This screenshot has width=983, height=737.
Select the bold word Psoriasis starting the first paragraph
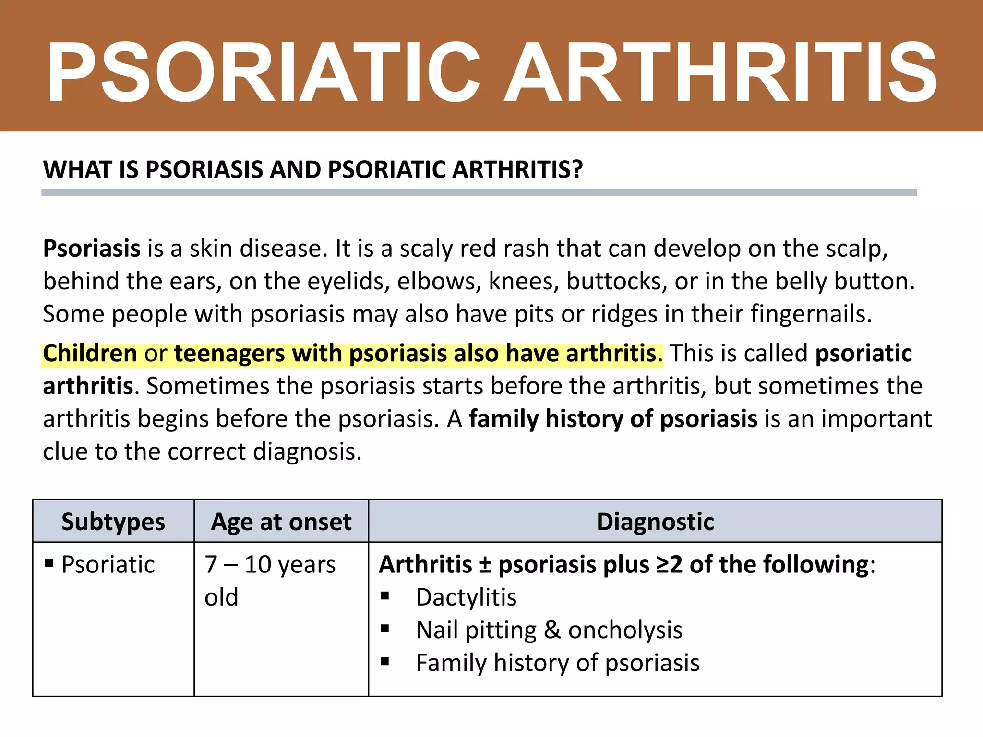pyautogui.click(x=92, y=249)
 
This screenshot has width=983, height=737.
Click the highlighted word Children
pyautogui.click(x=90, y=354)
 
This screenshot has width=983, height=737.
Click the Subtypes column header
pyautogui.click(x=113, y=522)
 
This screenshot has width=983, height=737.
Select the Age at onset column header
pyautogui.click(x=281, y=522)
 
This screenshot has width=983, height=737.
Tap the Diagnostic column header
pyautogui.click(x=655, y=522)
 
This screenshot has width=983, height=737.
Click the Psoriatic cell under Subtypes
pyautogui.click(x=108, y=565)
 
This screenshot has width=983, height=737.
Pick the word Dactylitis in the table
pyautogui.click(x=466, y=598)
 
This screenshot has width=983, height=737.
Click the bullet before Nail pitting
pyautogui.click(x=384, y=629)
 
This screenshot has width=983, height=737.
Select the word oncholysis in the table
pyautogui.click(x=625, y=630)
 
